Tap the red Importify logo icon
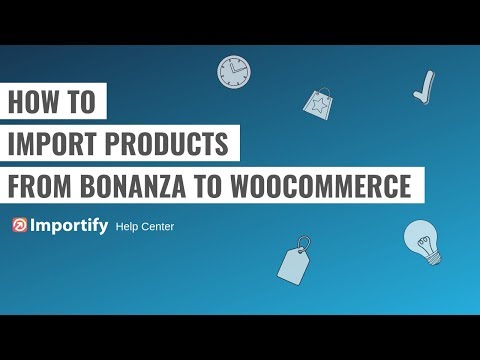click(x=21, y=226)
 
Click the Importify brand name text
click(x=70, y=226)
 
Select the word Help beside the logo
click(x=128, y=227)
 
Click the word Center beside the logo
click(x=160, y=227)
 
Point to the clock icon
click(x=234, y=71)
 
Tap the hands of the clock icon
click(x=232, y=71)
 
